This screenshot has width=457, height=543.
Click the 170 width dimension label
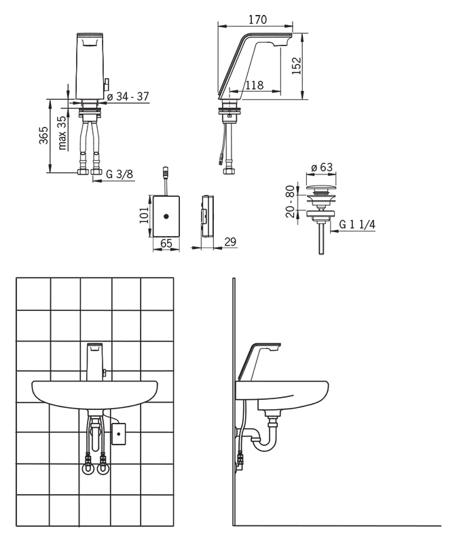coord(258,20)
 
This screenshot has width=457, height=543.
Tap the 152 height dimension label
coord(297,65)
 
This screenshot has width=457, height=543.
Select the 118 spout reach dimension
coord(255,85)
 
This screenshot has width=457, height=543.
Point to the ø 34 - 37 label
coord(128,96)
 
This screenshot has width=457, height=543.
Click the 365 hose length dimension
coord(43,135)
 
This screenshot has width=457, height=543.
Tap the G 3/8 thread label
coord(120,174)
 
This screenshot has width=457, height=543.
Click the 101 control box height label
coord(144,215)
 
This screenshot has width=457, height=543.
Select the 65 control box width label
coord(166,243)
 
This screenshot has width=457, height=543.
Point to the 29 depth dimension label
coord(230,242)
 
